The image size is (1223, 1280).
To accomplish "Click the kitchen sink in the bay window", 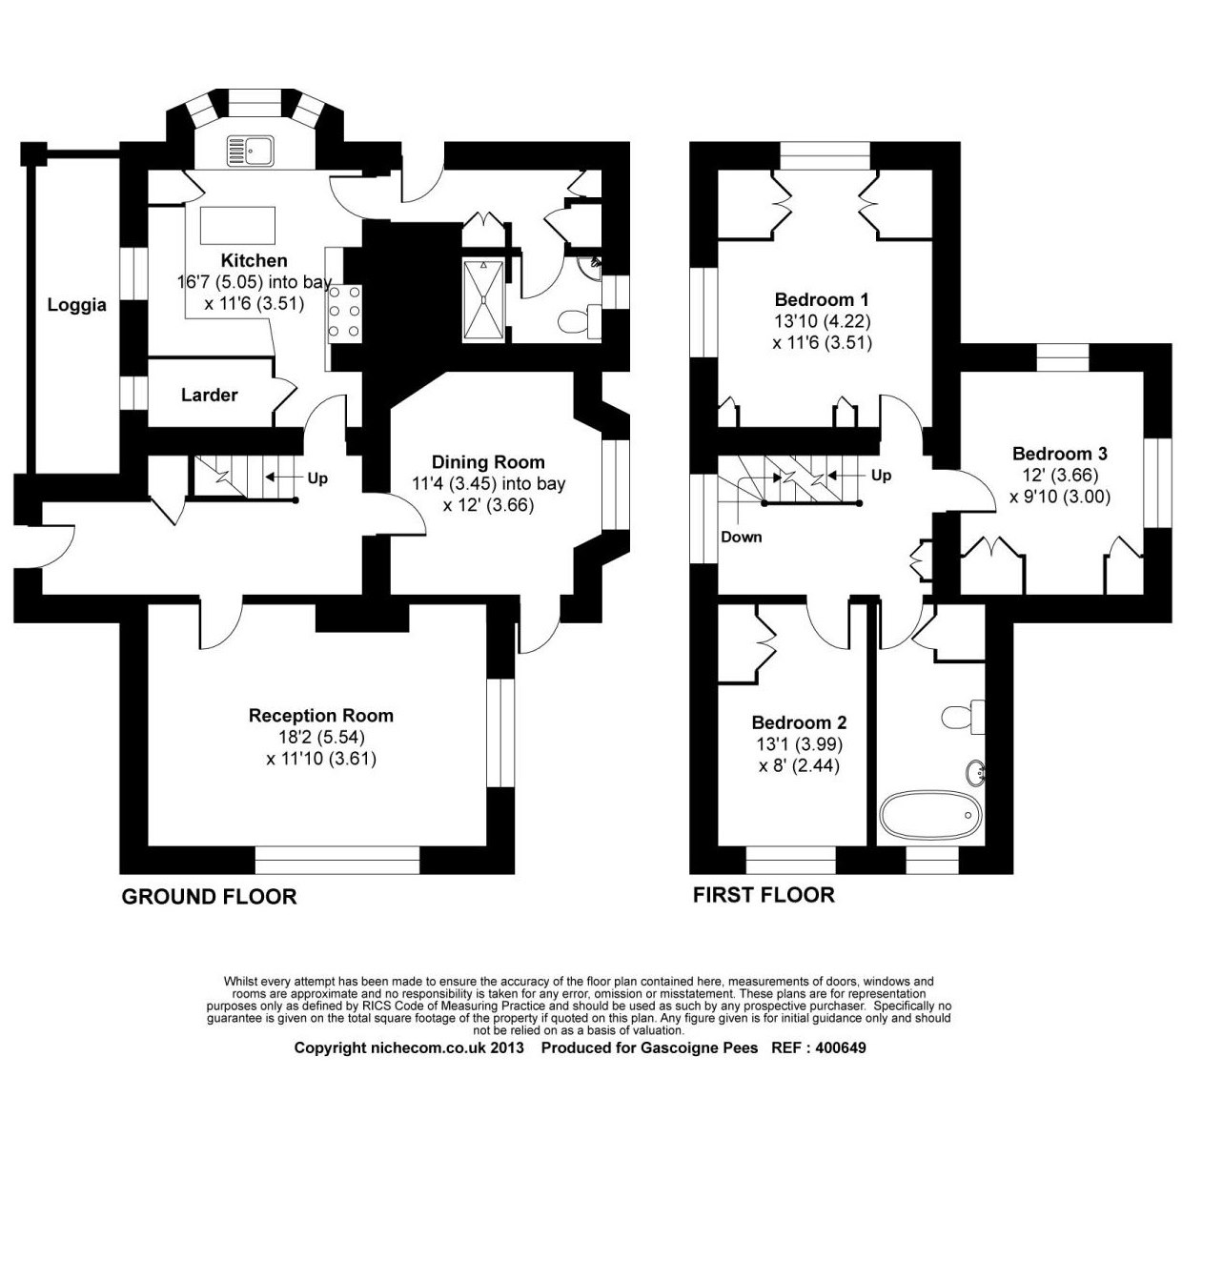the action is point(251,151).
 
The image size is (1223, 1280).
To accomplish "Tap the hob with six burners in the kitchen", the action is point(343,311).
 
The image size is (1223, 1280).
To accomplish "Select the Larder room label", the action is point(209,395).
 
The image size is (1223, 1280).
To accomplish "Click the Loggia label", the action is point(77,305).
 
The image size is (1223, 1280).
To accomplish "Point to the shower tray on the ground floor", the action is point(484,300).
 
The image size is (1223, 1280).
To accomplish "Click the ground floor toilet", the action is point(579,321).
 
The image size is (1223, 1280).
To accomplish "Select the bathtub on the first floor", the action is point(929,815).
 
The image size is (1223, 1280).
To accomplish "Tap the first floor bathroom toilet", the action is point(963,717).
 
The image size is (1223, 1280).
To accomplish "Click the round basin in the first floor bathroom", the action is point(975,772).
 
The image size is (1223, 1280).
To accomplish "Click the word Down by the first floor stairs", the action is point(742,537).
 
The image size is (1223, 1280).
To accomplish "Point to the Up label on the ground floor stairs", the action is point(317,478).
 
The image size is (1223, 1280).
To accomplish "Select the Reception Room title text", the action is point(321,716).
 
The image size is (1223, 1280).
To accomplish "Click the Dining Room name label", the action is point(488,462).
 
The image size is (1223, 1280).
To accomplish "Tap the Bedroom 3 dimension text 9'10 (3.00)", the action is point(1067,498).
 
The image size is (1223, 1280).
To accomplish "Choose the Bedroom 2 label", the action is point(799,722).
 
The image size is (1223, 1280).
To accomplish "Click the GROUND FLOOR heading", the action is point(209,897).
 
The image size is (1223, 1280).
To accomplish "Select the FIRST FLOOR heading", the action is point(764,895).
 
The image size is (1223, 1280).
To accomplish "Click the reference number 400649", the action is point(840,1047).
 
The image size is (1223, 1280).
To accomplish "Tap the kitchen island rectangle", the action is point(236,225).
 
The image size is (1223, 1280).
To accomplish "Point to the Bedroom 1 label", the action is point(822,300).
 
